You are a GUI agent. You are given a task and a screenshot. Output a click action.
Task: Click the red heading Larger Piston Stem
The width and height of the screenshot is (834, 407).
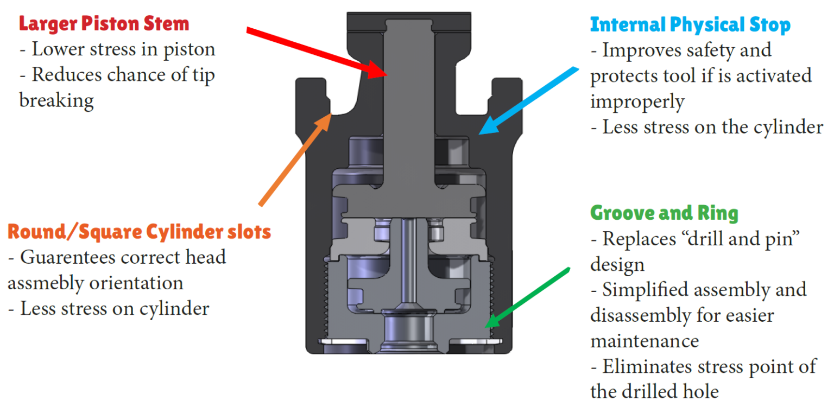point(104,24)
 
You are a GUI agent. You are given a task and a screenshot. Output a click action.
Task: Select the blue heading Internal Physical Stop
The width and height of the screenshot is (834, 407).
point(690,25)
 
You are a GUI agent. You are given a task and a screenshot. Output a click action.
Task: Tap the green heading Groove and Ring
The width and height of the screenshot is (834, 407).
point(664,213)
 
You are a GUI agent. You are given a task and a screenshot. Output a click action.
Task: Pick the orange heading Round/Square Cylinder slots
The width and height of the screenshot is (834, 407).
point(139,232)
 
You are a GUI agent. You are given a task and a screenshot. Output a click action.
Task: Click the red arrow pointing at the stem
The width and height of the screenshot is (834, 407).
point(315,51)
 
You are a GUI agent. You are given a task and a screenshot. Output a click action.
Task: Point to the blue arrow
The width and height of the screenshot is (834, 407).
point(529,100)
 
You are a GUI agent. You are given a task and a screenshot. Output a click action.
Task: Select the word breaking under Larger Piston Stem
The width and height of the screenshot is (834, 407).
point(56,100)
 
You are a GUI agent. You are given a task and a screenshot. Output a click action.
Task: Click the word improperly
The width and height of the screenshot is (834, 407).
point(637,101)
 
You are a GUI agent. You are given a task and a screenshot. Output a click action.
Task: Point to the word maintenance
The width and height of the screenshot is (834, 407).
point(645,341)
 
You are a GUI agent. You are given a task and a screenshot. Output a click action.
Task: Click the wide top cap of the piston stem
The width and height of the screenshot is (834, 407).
point(411,24)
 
